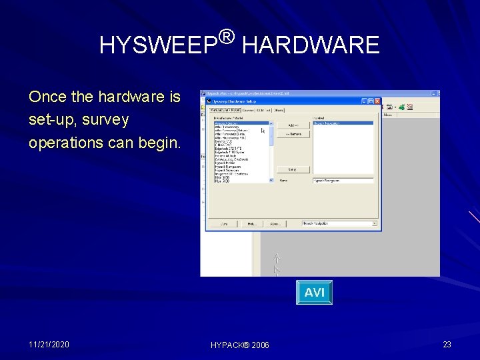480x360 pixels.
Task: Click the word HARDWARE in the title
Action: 310,45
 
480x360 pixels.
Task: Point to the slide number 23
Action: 447,344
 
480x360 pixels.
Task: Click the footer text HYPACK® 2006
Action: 240,345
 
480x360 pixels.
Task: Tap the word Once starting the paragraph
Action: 47,97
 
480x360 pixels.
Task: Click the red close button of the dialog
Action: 377,101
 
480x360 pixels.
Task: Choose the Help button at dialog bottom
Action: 252,223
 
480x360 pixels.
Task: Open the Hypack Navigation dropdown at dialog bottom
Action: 339,223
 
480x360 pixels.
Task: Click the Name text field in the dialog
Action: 343,180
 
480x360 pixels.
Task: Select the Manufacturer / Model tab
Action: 223,110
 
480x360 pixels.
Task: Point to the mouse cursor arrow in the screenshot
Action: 263,131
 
